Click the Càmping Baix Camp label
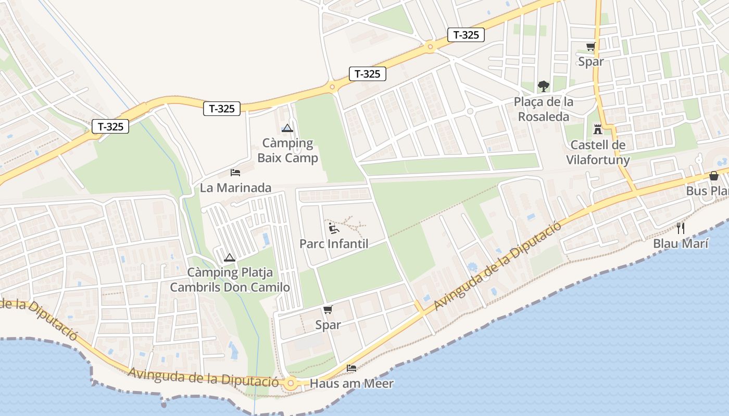[x=287, y=150]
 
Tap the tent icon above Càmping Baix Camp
[x=287, y=128]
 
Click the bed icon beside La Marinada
[x=235, y=172]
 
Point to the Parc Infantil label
[x=334, y=243]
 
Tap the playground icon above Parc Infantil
[x=334, y=228]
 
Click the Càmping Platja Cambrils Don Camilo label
[x=230, y=280]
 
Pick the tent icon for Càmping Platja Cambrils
[x=229, y=257]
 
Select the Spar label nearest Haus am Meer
[x=328, y=325]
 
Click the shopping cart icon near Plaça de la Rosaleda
[x=590, y=47]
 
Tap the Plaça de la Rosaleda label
[x=544, y=109]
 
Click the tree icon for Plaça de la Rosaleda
[x=544, y=86]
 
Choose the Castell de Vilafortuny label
[x=598, y=152]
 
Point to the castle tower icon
[x=597, y=129]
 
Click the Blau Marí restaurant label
[x=680, y=243]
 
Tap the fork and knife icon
[x=680, y=228]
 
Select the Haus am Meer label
[x=351, y=384]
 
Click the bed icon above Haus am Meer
[x=351, y=368]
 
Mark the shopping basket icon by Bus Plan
[x=714, y=176]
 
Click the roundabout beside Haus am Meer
[x=291, y=384]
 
